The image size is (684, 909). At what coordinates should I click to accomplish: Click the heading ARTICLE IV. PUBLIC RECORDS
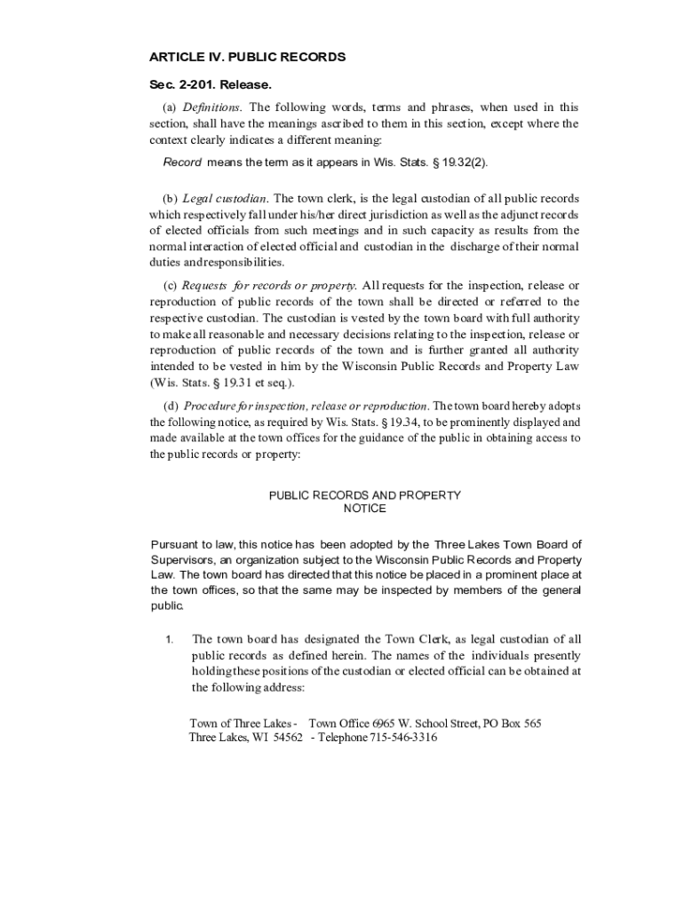coord(247,58)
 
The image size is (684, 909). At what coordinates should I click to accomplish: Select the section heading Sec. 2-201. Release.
coord(210,85)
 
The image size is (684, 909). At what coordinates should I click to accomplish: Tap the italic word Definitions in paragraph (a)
coord(211,107)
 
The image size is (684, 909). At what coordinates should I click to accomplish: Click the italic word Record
coord(183,162)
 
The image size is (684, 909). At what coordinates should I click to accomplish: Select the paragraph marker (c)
coord(170,286)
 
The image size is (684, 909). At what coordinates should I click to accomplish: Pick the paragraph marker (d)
coord(171,407)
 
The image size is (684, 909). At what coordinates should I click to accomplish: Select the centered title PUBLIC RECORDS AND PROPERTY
coord(364,495)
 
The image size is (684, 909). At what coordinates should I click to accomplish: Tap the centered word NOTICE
coord(364,509)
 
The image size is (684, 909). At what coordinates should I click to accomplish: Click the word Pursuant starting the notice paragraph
coord(172,544)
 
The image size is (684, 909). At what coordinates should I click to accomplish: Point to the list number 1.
coord(170,639)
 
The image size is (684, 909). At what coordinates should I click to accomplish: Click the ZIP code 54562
coord(288,738)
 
